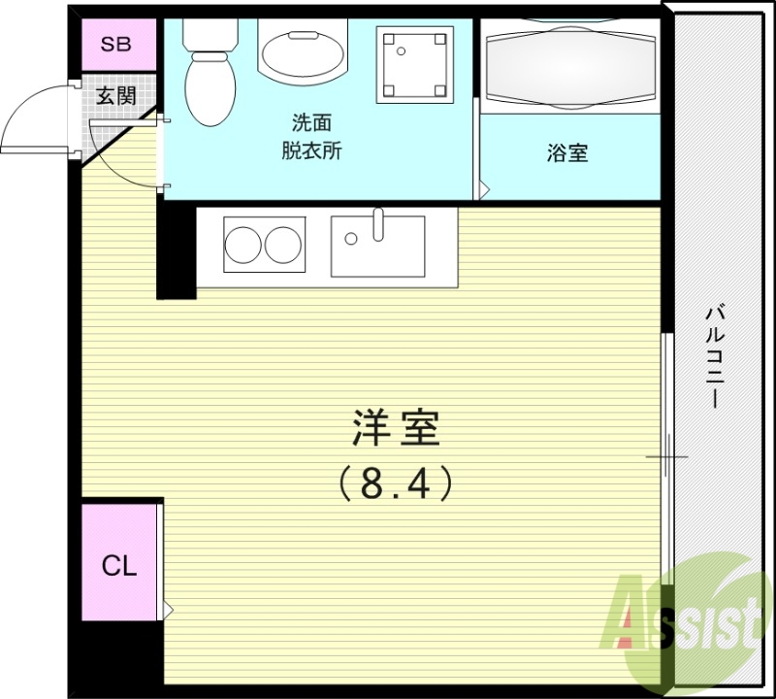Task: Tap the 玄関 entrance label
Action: coord(115,96)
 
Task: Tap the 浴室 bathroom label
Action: coord(567,153)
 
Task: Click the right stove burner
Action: coord(283,246)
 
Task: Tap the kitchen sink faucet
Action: coord(378,224)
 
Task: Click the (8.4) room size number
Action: coord(396,483)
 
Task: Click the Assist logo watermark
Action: coord(684,612)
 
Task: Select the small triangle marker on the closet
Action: coord(168,610)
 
